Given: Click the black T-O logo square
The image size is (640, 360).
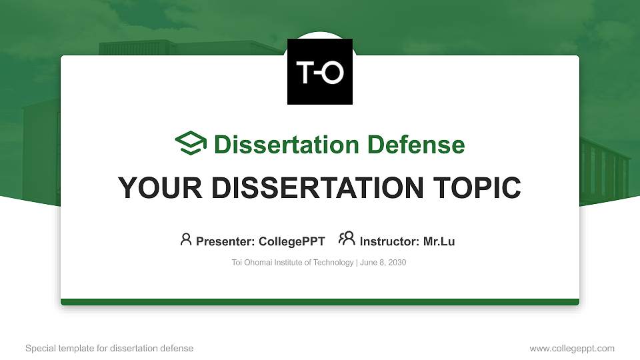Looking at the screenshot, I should click(x=320, y=71).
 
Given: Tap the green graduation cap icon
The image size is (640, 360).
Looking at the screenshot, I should click(x=191, y=143).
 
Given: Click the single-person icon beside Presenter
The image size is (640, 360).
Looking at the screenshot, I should click(x=186, y=239).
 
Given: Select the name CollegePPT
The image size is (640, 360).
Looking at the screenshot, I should click(x=292, y=241).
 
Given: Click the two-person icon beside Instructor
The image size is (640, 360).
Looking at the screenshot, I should click(x=347, y=239).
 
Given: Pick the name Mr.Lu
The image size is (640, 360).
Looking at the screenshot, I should click(x=439, y=241).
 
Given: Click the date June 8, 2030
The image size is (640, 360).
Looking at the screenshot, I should click(x=383, y=263).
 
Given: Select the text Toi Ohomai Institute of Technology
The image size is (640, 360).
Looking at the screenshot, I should click(x=292, y=263).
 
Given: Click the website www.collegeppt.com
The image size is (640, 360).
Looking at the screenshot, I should click(x=572, y=348).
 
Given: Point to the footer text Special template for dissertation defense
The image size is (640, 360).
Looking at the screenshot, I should click(x=109, y=348).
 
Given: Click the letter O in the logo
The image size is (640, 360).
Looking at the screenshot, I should click(x=332, y=72).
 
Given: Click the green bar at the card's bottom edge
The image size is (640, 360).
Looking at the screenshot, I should click(x=320, y=302).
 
